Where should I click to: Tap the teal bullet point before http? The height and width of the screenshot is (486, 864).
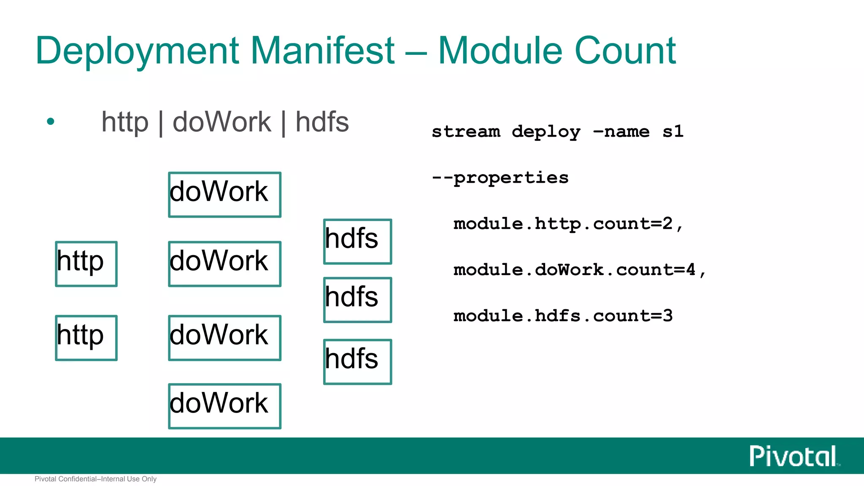[51, 122]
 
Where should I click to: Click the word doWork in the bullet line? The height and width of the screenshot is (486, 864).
[221, 122]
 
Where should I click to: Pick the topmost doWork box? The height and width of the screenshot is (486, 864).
[224, 194]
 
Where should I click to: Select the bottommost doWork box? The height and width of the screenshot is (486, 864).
[224, 406]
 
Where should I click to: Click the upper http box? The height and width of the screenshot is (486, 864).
[86, 264]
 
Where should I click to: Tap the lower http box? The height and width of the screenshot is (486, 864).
[86, 337]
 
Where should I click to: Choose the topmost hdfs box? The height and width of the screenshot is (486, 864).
[357, 241]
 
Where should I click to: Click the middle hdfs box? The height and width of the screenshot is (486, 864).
[357, 300]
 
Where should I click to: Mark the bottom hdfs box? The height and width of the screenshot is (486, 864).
[357, 362]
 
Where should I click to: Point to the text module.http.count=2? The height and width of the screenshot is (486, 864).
[567, 224]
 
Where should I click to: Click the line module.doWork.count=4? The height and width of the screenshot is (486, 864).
[579, 270]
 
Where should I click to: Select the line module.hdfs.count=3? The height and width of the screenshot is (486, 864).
[563, 316]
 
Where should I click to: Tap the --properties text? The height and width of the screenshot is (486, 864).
[500, 178]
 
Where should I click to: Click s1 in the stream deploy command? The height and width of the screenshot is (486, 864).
[672, 131]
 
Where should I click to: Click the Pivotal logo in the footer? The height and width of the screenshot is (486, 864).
[794, 456]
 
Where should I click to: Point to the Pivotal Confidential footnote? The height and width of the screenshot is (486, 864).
[95, 479]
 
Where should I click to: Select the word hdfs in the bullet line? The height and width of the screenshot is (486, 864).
[322, 122]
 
